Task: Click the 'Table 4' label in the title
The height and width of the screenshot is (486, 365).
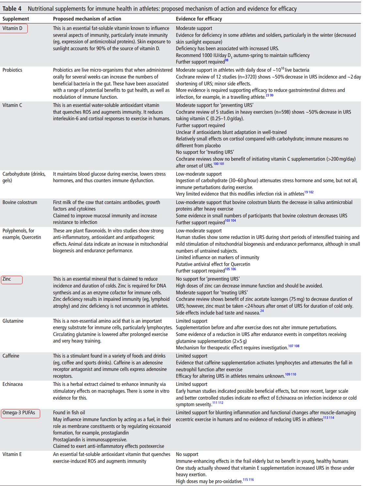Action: [x=12, y=9]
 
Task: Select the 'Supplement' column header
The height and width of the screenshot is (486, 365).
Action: [x=16, y=19]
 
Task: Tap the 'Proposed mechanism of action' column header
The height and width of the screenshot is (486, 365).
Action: [x=87, y=19]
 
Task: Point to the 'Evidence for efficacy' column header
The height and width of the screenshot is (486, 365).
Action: [x=199, y=19]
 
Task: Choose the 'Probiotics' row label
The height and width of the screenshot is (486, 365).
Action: [x=12, y=70]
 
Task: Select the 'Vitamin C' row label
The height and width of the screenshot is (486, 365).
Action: [x=12, y=105]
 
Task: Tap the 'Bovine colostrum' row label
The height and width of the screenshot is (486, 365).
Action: [x=20, y=202]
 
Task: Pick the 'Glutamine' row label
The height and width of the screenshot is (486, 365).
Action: [x=13, y=321]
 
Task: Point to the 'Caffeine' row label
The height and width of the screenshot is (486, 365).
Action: [x=11, y=356]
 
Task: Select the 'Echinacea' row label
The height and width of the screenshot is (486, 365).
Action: [x=13, y=384]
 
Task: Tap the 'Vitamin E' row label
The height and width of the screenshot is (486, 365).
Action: [x=12, y=454]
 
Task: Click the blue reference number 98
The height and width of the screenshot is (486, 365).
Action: [x=227, y=60]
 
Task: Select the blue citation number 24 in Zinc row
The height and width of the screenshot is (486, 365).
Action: [x=262, y=311]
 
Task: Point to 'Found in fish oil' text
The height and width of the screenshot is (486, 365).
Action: [x=69, y=412]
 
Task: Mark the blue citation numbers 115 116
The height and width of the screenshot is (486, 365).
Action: [x=248, y=479]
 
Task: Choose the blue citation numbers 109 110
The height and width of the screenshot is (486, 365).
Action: [x=291, y=374]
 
